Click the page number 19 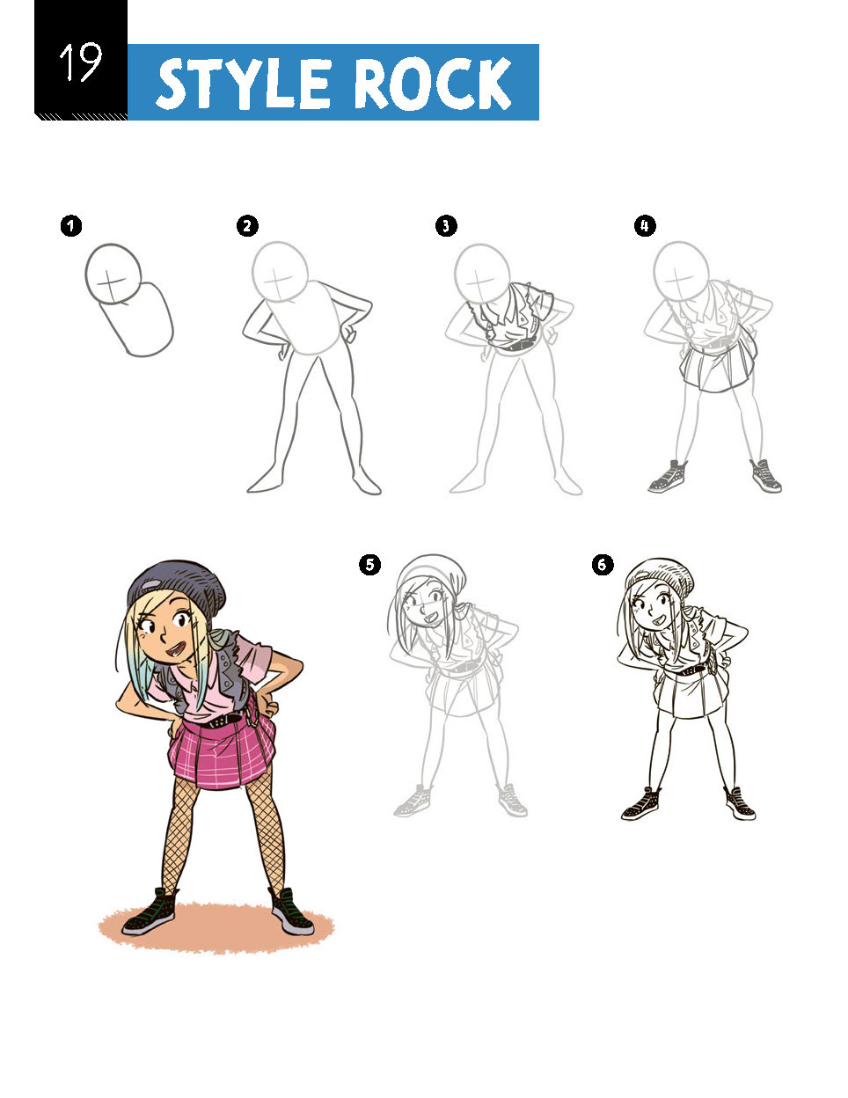tap(80, 62)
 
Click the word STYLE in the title tap(245, 84)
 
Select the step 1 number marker tap(70, 226)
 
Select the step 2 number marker tap(247, 226)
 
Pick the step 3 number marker tap(446, 226)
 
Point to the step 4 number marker tap(645, 226)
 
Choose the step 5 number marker tap(369, 565)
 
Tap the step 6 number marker tap(602, 565)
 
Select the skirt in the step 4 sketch tap(718, 365)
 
